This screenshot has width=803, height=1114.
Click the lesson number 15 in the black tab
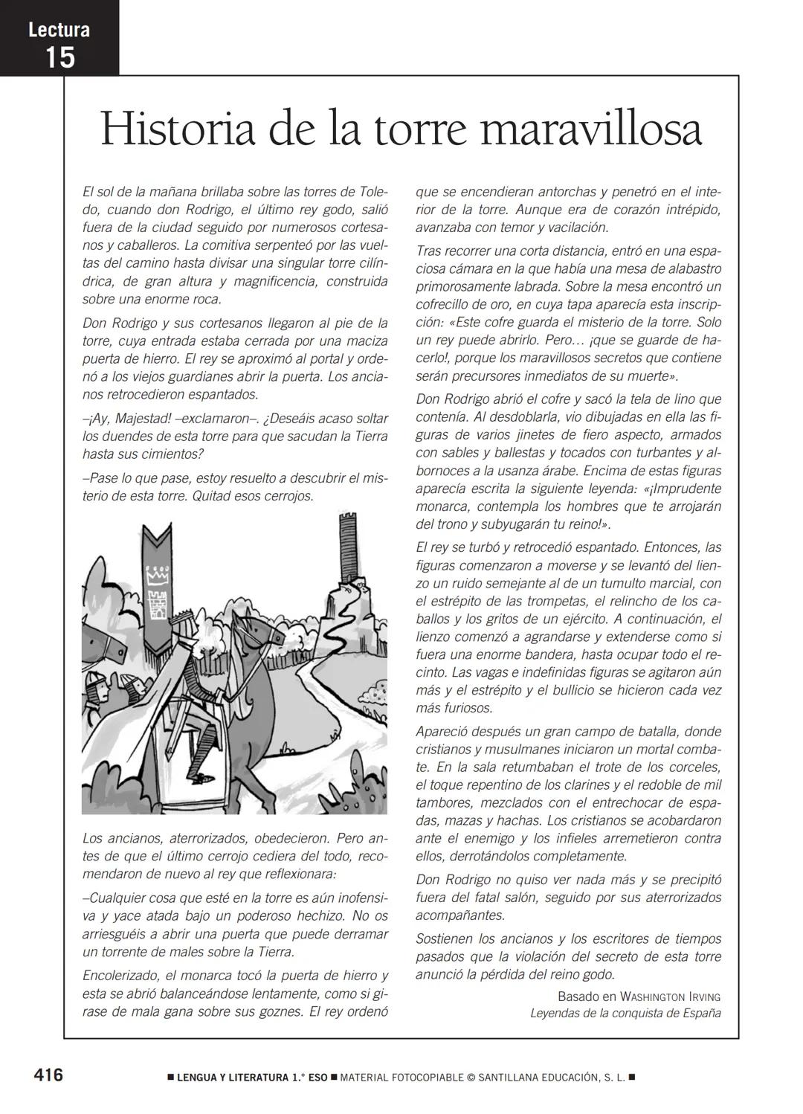tap(59, 57)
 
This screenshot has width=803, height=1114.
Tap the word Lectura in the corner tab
tap(59, 30)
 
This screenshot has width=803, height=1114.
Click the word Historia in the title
tap(179, 129)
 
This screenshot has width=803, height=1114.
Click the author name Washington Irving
tap(670, 997)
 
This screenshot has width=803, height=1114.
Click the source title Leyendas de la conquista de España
tap(625, 1013)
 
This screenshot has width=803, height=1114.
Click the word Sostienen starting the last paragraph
tap(445, 938)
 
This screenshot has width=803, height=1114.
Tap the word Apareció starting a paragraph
tap(442, 731)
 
